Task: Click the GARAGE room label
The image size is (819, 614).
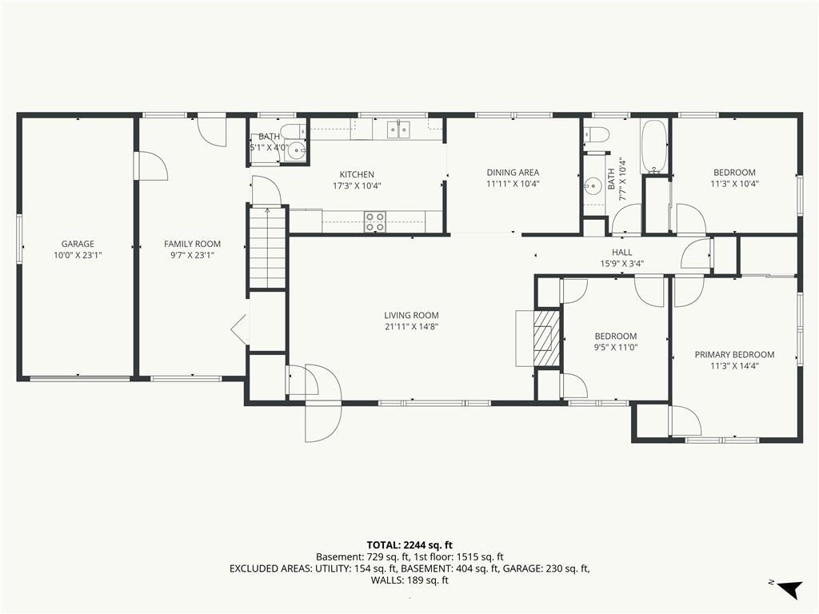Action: (78, 244)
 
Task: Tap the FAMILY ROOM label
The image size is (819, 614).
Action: (192, 244)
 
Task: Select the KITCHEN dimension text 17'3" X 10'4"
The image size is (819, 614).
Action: (357, 185)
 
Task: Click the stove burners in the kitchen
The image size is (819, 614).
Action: (374, 221)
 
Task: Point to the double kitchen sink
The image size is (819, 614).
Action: (398, 129)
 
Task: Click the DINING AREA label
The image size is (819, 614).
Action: (513, 173)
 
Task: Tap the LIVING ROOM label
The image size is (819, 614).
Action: (412, 315)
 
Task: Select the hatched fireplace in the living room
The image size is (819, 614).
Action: (546, 338)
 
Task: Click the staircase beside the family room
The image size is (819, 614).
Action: (267, 247)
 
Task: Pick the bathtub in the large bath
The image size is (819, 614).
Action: (653, 147)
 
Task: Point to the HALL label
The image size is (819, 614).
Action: (621, 252)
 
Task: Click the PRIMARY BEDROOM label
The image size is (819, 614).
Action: (734, 354)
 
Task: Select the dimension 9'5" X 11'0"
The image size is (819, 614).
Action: (616, 348)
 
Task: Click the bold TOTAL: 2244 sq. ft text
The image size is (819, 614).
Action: (409, 546)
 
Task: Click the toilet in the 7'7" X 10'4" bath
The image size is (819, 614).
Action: (597, 134)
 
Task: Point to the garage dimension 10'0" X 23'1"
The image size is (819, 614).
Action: (78, 255)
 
